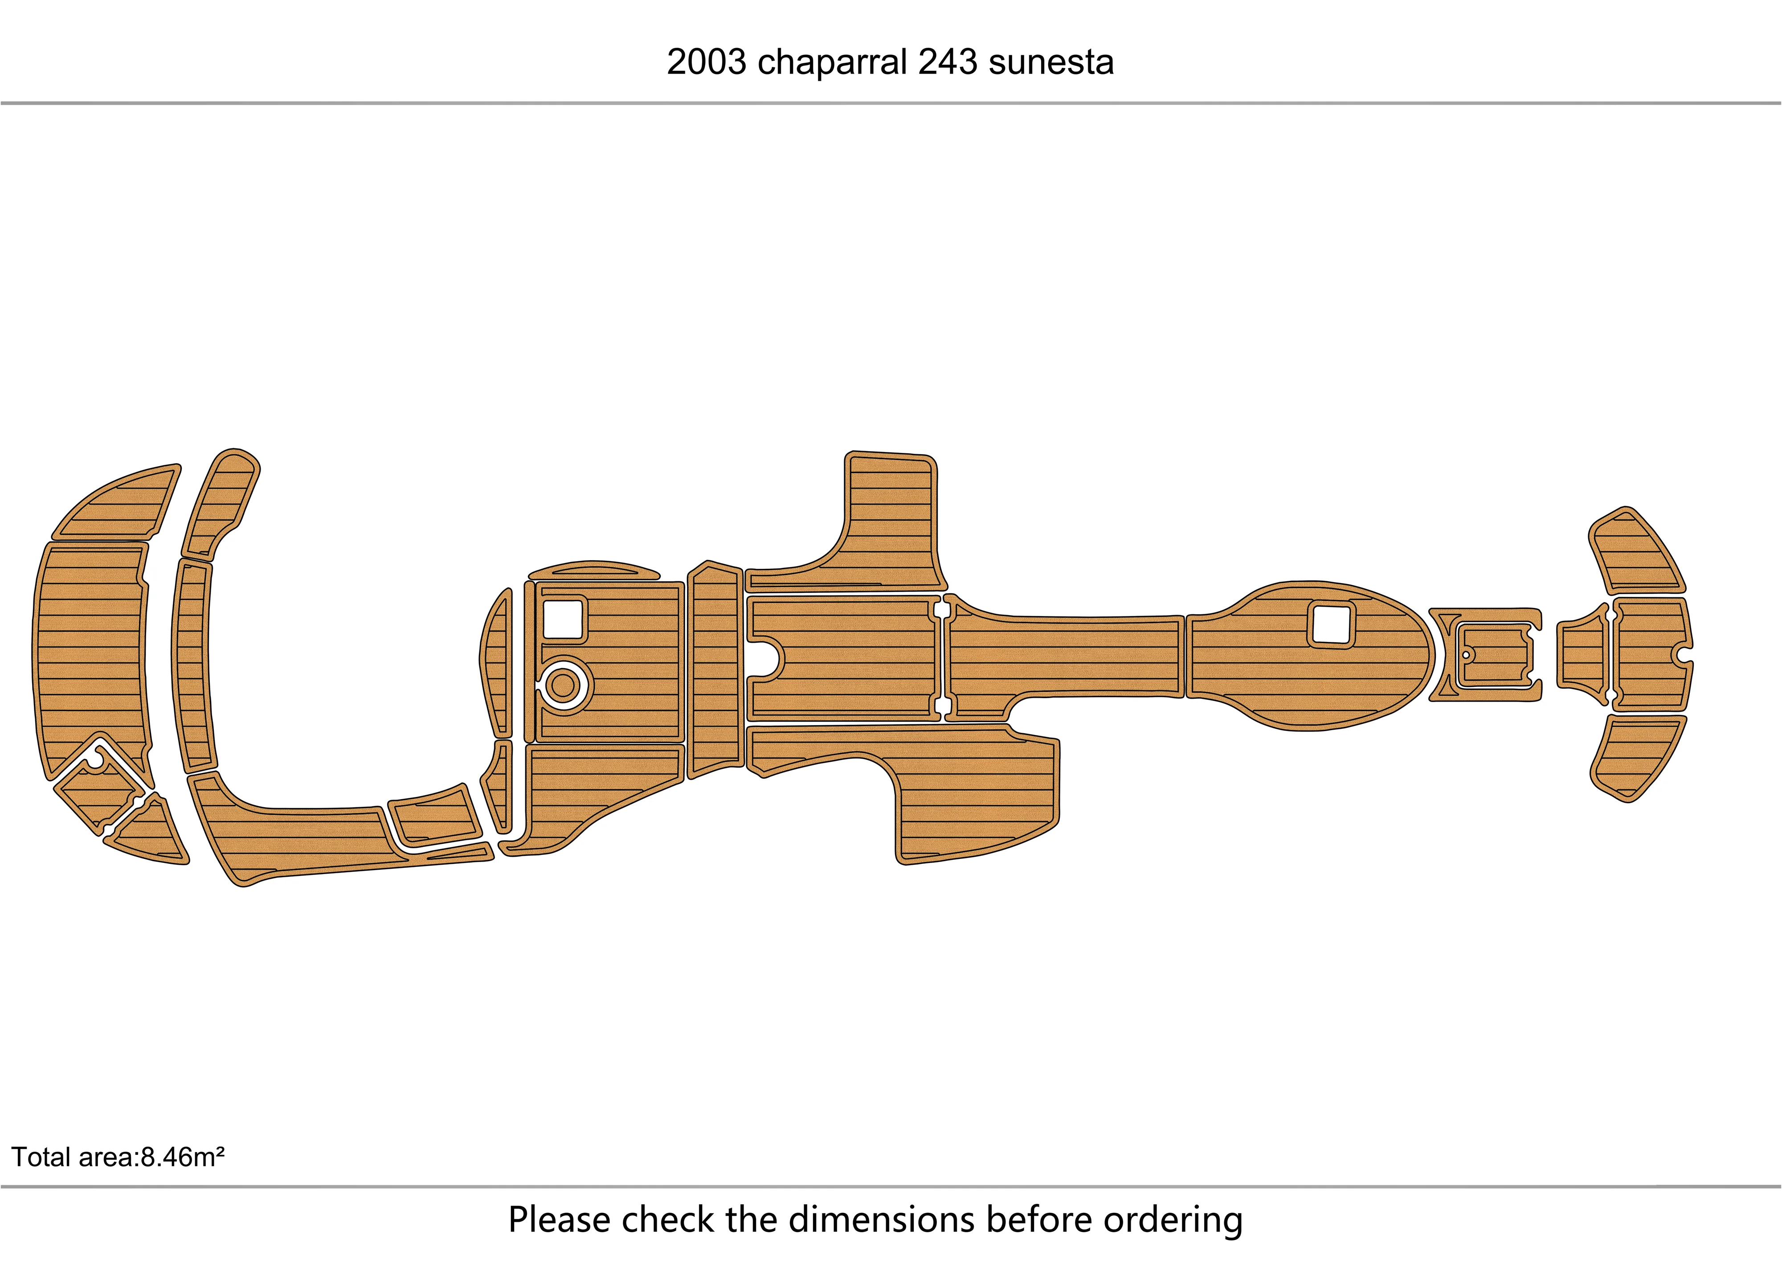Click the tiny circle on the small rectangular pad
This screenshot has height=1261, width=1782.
point(1465,655)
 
